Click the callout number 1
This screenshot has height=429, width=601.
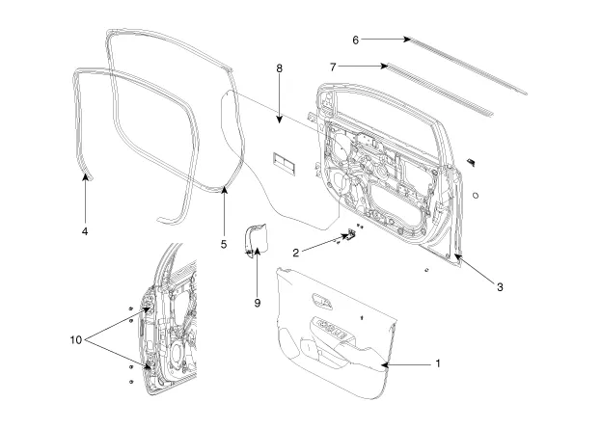point(437,364)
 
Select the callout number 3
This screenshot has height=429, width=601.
point(500,286)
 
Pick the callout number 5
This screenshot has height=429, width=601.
point(223,245)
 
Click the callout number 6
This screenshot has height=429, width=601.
point(355,40)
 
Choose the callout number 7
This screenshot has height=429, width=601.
point(332,67)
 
